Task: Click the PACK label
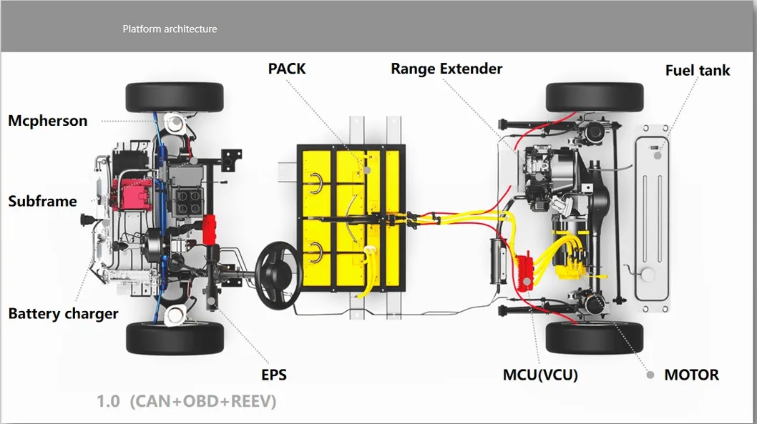(287, 69)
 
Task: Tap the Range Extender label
(446, 69)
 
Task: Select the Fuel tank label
(698, 70)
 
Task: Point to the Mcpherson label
(48, 121)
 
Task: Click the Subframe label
(42, 201)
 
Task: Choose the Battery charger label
(63, 314)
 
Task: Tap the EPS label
(274, 375)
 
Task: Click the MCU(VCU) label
(540, 375)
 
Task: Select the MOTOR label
(691, 375)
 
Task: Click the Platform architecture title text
(170, 29)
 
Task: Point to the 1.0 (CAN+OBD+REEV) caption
(186, 401)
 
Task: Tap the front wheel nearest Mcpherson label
(175, 97)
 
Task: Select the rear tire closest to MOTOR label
(595, 338)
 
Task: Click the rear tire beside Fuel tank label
(595, 97)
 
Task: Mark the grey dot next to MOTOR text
(650, 375)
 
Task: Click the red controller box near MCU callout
(524, 271)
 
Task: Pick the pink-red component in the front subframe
(132, 194)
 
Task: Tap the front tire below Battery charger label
(175, 338)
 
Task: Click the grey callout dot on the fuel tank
(658, 156)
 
